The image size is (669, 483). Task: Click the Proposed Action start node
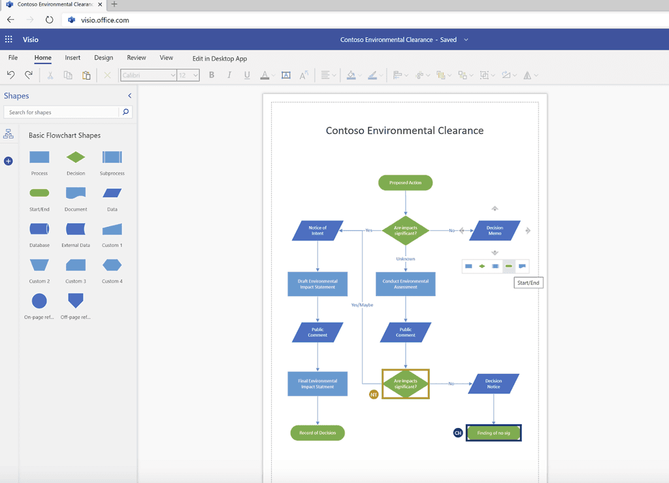[405, 183]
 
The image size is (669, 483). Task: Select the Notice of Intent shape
[318, 231]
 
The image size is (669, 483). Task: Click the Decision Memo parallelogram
[495, 231]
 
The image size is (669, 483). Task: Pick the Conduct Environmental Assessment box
[405, 284]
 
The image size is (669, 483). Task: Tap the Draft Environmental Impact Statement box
[318, 284]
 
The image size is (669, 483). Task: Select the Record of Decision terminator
[318, 433]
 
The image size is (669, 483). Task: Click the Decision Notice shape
[494, 384]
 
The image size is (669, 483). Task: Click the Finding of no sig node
[494, 433]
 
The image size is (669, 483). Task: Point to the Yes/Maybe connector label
[362, 305]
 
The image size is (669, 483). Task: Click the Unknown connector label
[405, 259]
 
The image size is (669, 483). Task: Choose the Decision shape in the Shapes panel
[76, 158]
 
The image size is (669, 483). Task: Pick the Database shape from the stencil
[39, 229]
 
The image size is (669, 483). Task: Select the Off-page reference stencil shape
[76, 300]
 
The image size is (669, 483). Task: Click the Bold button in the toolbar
[212, 75]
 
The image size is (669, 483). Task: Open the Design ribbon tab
[103, 58]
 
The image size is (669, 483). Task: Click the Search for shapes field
[63, 112]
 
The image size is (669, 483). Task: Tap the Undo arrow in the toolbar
[11, 75]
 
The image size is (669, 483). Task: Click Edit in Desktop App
[220, 58]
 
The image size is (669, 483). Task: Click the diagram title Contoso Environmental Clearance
[404, 131]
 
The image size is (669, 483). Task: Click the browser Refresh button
[49, 20]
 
